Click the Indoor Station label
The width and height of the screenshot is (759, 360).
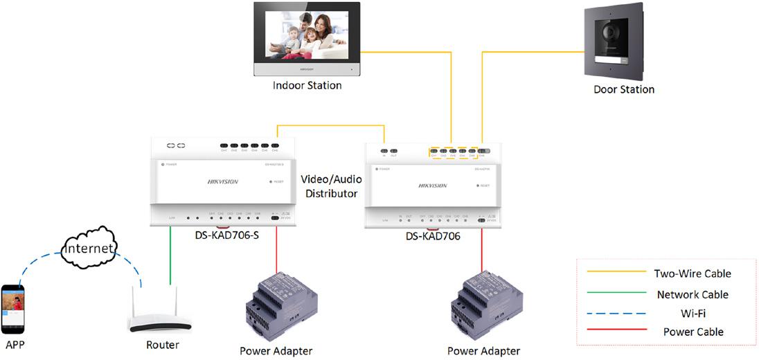[307, 86]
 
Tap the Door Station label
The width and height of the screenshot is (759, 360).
[623, 89]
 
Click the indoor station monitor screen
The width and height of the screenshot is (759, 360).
[307, 36]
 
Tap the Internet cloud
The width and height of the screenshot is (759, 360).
[87, 247]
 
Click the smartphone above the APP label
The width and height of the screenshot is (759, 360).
[13, 308]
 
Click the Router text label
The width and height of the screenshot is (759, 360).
[163, 345]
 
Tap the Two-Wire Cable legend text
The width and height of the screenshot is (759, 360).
[693, 273]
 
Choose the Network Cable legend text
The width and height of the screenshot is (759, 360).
[693, 294]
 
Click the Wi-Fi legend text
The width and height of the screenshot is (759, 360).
[693, 314]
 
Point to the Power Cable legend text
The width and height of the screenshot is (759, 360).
[693, 332]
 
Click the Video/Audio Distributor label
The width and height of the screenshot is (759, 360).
[332, 186]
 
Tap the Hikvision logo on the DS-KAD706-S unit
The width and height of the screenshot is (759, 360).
[223, 181]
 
